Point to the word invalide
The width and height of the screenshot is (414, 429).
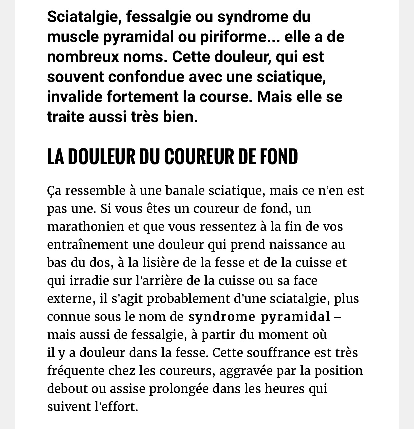coord(75,97)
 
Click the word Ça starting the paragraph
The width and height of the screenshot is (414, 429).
coord(54,191)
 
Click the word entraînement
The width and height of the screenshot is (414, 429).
coord(88,245)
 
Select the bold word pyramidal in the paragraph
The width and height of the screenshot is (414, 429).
coord(295,317)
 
